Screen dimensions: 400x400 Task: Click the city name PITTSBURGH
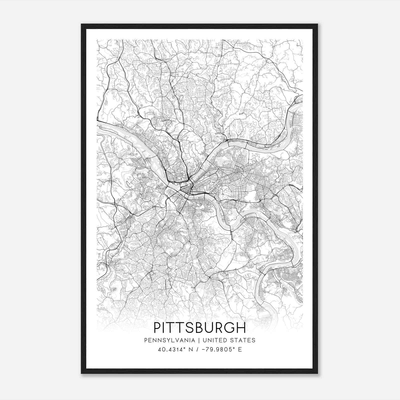click(x=199, y=328)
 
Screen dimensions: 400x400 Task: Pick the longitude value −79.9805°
click(x=218, y=349)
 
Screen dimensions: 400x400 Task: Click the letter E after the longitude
click(x=240, y=349)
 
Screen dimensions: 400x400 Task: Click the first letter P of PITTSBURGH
click(x=157, y=328)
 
